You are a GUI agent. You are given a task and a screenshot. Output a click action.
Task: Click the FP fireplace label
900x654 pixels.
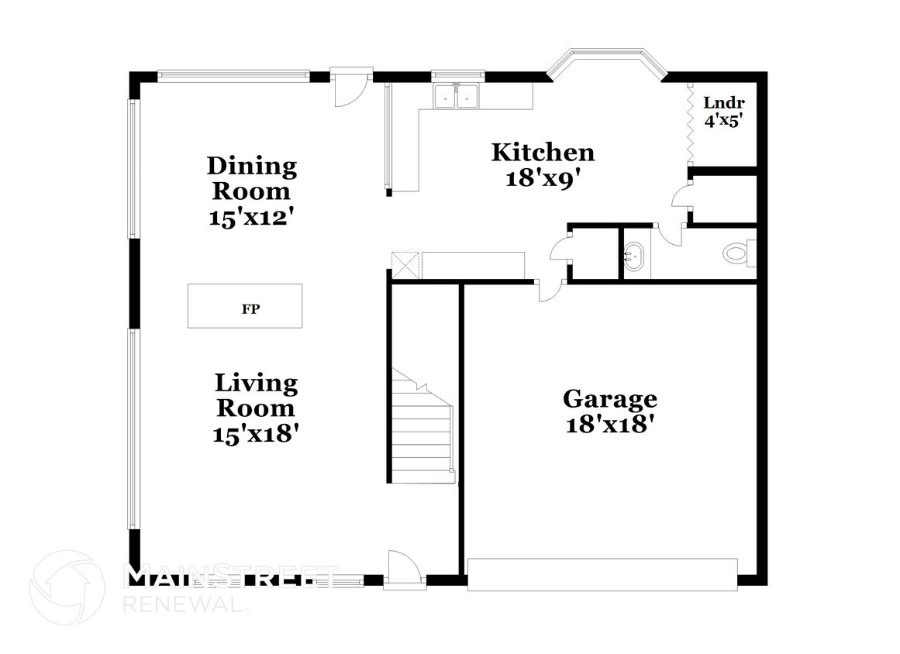pos(251,308)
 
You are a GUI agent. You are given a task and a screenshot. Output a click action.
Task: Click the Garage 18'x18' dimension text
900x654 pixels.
pos(611,425)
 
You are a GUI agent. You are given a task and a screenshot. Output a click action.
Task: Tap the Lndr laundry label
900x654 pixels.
pos(724,103)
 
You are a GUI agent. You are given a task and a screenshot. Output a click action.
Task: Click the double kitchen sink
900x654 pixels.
pos(457,96)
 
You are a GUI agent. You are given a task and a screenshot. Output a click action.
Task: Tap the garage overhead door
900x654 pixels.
pos(602,574)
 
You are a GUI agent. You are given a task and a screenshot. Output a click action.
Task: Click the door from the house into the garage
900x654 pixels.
pos(550,291)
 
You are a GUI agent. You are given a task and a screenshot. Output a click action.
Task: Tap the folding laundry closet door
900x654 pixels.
pos(691,123)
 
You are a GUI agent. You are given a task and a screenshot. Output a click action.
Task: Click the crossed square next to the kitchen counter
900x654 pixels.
pos(405,266)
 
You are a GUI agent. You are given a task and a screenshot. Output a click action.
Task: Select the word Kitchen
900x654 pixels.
pos(543,153)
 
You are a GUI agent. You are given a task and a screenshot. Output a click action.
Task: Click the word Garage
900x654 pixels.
pos(610,398)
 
